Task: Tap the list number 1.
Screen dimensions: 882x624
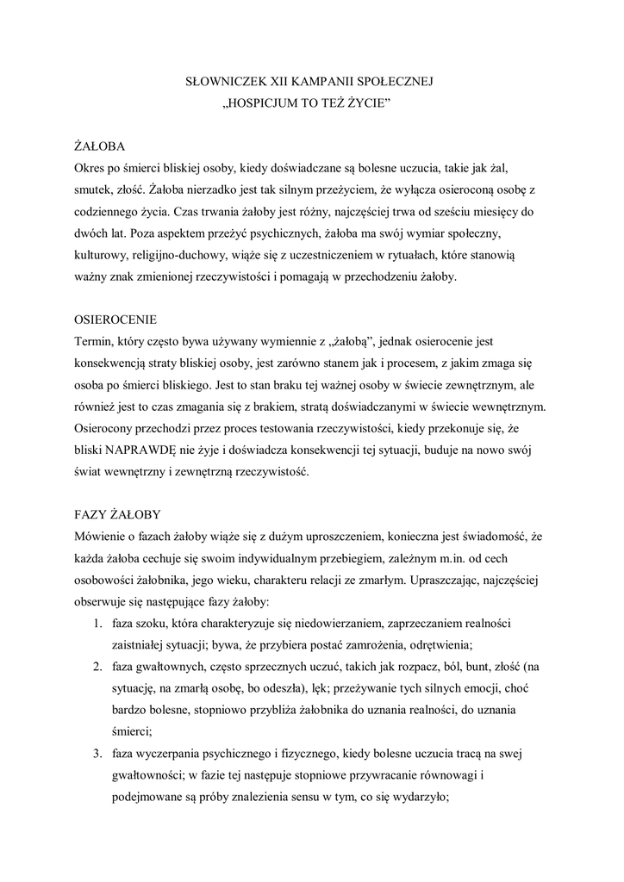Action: coord(98,622)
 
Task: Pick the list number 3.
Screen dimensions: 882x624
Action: coord(98,753)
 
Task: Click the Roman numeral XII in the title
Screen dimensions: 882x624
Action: coord(284,83)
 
